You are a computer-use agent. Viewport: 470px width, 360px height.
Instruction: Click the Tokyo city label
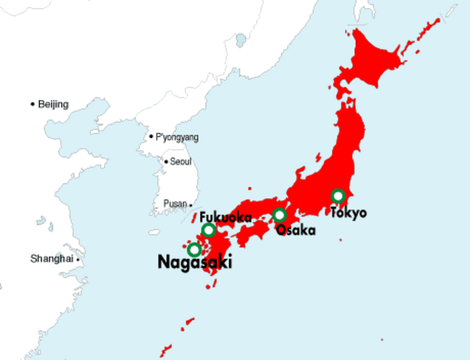click(349, 213)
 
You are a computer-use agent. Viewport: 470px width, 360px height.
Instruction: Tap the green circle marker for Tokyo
click(338, 196)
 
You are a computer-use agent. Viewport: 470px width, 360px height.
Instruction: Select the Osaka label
click(295, 230)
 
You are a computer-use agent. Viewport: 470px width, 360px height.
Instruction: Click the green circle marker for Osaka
click(280, 216)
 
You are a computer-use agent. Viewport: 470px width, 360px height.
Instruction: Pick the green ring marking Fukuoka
click(208, 229)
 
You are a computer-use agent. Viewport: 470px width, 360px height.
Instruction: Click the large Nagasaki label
click(195, 262)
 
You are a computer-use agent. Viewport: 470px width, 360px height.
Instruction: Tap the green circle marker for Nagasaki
click(194, 249)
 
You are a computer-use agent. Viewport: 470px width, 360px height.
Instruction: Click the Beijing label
click(53, 104)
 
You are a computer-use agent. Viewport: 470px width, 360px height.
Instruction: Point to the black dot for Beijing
click(32, 104)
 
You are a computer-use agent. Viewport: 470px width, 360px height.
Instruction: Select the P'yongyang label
click(177, 137)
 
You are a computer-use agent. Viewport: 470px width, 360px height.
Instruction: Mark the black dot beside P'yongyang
click(151, 136)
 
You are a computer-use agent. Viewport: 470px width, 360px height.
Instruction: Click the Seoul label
click(181, 161)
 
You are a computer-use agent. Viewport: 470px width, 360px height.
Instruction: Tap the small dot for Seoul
click(166, 161)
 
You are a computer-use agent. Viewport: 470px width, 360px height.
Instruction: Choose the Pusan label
click(175, 204)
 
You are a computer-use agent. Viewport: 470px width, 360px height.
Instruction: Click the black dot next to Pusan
click(191, 204)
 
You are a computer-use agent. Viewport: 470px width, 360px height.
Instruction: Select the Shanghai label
click(52, 259)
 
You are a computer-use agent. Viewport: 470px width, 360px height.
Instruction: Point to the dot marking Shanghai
click(77, 259)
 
